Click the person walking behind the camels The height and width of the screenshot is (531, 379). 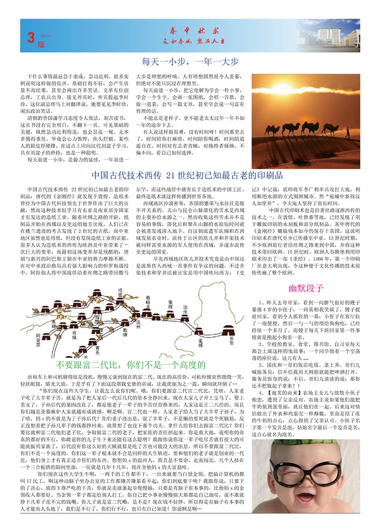tap(350, 133)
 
